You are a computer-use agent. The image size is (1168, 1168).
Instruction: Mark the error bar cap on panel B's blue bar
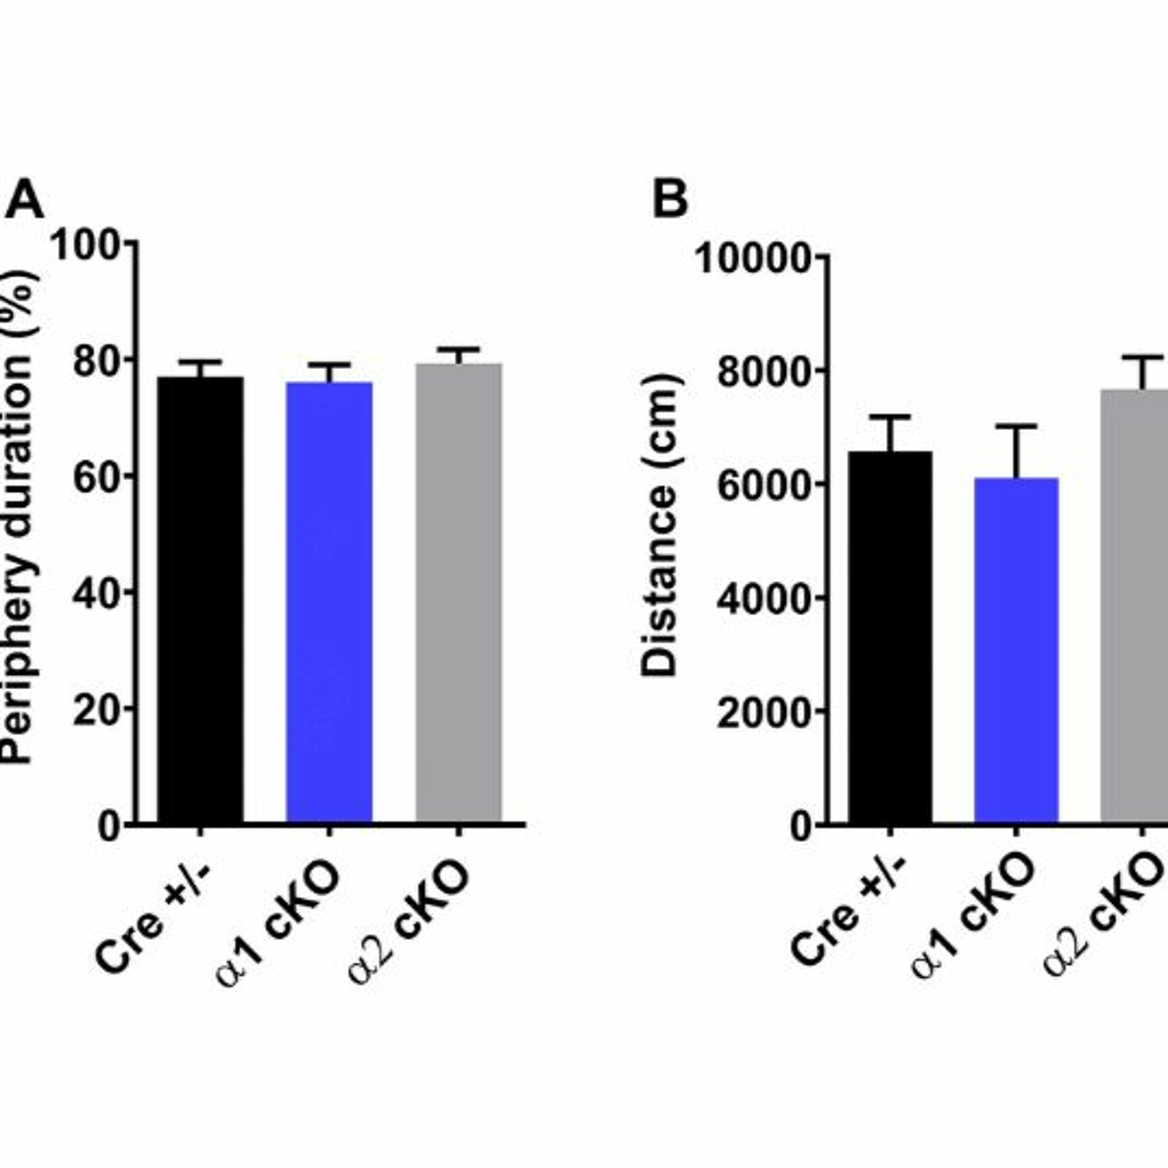(x=1016, y=427)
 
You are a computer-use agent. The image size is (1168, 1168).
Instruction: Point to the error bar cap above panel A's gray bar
(x=458, y=350)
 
